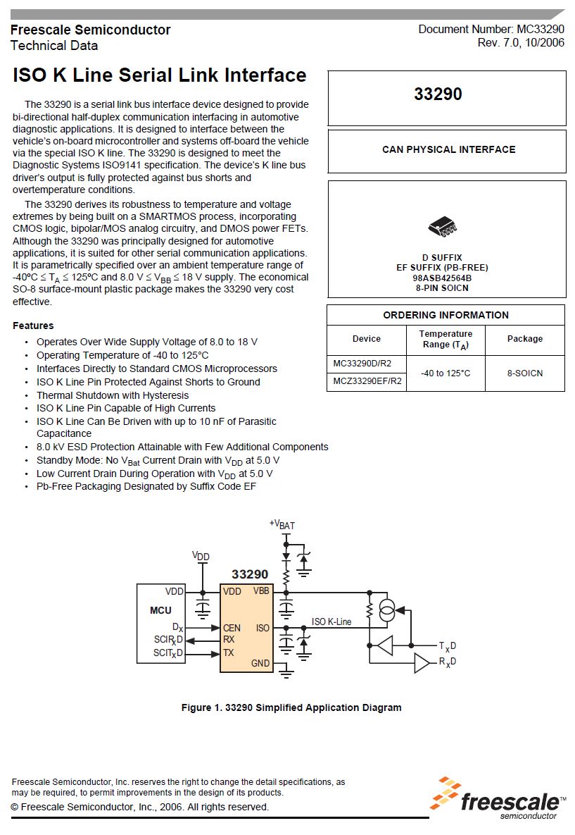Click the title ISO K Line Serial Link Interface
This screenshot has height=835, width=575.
(160, 75)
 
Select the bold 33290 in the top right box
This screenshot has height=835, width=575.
(438, 94)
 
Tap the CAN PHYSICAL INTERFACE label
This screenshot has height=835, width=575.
(448, 149)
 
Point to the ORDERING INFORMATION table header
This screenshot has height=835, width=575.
(446, 315)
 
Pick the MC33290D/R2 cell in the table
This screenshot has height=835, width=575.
(362, 364)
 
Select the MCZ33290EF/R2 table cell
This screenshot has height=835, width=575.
(367, 381)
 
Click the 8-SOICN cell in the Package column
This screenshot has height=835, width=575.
(525, 373)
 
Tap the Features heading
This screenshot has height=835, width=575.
(33, 326)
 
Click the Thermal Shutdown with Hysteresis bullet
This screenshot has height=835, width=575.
(113, 395)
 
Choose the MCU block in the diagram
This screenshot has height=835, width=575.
(160, 610)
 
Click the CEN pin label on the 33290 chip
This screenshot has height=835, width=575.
(232, 628)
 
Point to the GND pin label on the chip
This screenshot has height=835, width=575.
(260, 663)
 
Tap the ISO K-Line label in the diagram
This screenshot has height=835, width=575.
(331, 621)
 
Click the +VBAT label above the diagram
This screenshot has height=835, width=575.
(282, 524)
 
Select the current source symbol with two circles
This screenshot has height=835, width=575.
(386, 611)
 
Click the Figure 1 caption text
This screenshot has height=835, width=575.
(291, 707)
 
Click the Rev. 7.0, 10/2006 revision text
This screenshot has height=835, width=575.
(521, 43)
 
